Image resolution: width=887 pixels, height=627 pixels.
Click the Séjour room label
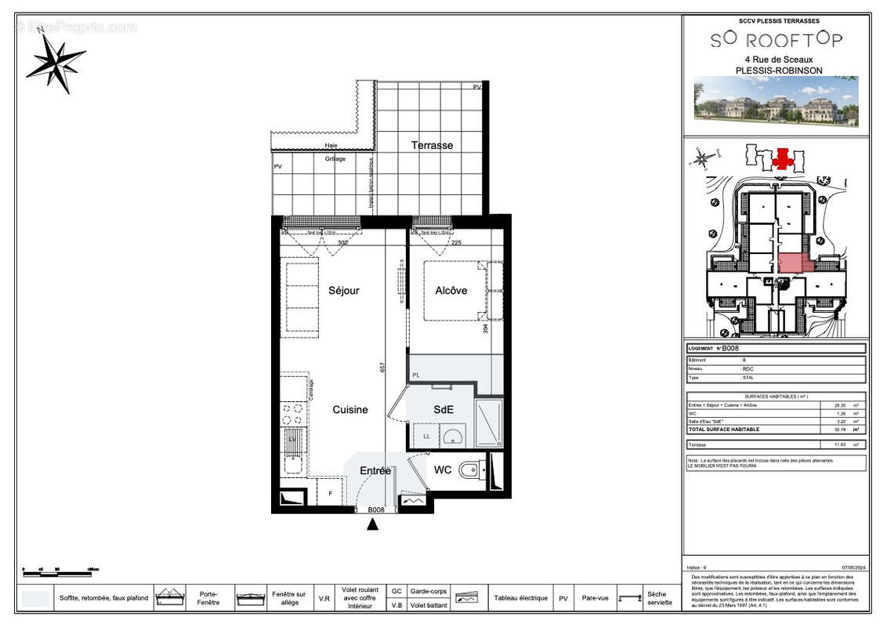[344, 291]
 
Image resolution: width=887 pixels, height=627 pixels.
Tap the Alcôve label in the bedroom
[451, 291]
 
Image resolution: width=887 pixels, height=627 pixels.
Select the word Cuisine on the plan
[349, 410]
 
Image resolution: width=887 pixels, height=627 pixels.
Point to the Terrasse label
[432, 145]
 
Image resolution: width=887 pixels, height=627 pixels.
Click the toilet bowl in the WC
[468, 471]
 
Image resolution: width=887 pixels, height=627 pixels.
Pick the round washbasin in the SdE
[452, 437]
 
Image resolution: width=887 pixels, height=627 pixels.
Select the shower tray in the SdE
[490, 423]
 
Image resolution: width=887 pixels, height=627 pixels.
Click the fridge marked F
[330, 493]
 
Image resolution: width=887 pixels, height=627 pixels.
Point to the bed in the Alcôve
[454, 291]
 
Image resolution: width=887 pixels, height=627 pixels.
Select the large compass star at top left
[55, 61]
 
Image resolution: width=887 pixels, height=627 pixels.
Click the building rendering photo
[776, 101]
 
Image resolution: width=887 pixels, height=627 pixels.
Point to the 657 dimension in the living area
[383, 367]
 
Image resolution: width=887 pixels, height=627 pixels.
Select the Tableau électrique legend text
[520, 598]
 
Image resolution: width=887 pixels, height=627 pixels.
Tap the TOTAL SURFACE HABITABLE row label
[723, 429]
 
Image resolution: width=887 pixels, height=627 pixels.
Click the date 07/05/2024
[853, 567]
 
